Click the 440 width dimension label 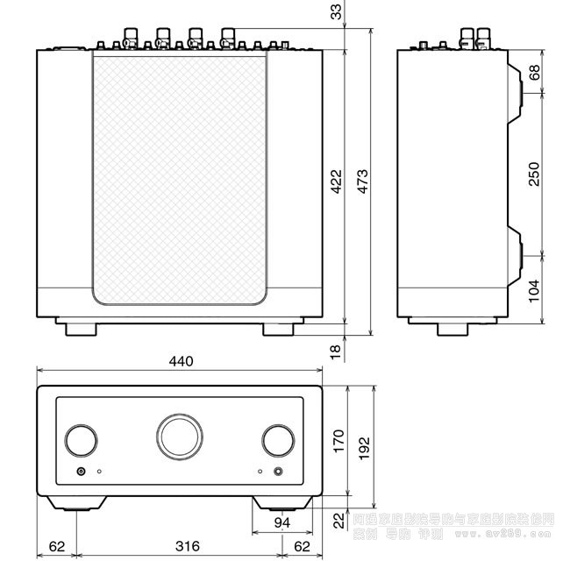(180, 361)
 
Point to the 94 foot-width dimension (281, 523)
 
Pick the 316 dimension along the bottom (180, 546)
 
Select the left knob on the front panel (81, 440)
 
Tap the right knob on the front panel (278, 440)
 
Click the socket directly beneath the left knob (82, 472)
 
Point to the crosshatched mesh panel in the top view (178, 175)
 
